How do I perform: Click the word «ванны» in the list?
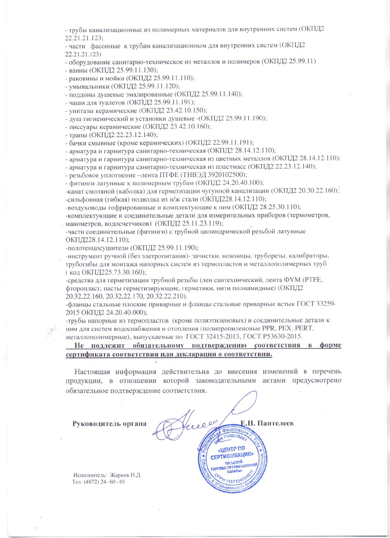point(77,70)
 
